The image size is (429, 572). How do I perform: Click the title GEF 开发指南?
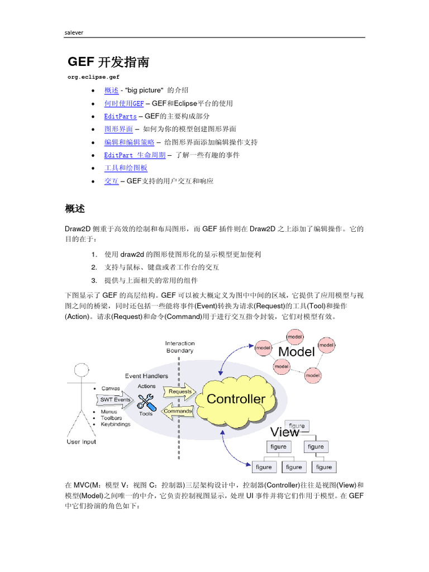click(108, 62)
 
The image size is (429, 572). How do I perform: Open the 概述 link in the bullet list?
click(111, 90)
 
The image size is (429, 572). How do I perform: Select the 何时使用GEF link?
click(124, 103)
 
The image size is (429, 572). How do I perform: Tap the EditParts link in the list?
click(120, 116)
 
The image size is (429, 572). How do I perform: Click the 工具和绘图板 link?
click(126, 168)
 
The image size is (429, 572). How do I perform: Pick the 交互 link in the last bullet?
click(111, 181)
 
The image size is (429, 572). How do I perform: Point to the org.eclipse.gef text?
click(92, 77)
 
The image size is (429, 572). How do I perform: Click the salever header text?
click(75, 32)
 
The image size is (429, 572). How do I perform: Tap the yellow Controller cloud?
click(236, 399)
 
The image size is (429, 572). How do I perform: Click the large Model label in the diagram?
click(296, 352)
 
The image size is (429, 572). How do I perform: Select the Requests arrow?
click(179, 392)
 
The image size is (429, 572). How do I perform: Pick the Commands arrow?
click(178, 412)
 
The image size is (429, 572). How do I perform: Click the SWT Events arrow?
click(116, 399)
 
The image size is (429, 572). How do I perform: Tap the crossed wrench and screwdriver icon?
click(146, 401)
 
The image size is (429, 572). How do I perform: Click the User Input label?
click(81, 442)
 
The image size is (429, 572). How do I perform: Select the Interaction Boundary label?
click(180, 347)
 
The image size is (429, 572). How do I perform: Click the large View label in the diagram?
click(285, 432)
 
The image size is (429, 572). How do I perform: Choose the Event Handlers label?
click(146, 376)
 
